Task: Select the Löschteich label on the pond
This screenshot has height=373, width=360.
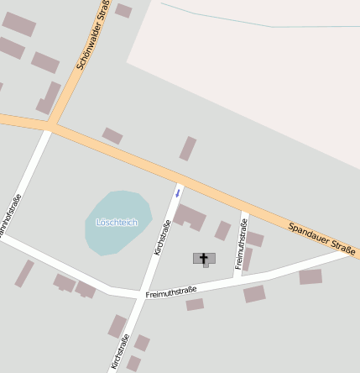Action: pos(117,222)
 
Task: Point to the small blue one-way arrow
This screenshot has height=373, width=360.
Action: pos(177,193)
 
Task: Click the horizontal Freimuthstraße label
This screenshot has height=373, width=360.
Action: pos(171,292)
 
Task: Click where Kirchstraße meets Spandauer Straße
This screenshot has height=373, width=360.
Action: pos(181,180)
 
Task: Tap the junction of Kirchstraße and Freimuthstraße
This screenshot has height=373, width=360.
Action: pos(139,296)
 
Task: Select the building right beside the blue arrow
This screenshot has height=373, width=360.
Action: pos(190,216)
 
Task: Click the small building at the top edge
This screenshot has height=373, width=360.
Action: pos(123,10)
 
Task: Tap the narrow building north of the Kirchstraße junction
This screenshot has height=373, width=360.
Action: pos(188,149)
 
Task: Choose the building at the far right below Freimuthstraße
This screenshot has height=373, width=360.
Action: pos(310,276)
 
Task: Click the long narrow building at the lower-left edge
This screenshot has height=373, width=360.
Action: pos(24,274)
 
